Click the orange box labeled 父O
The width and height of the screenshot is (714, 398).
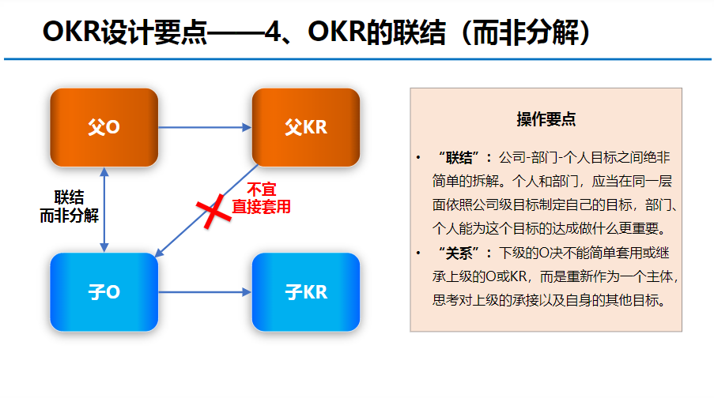pos(104,126)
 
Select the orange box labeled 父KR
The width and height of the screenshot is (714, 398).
pos(305,126)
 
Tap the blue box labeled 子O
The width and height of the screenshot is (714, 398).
pos(104,291)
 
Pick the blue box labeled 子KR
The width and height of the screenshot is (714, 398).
pos(305,291)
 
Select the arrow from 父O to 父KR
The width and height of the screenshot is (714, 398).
pos(204,126)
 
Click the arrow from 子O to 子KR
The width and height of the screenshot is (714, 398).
pos(204,291)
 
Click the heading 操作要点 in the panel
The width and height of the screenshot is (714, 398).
pos(546,120)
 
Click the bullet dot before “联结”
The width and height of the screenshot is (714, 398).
pos(418,157)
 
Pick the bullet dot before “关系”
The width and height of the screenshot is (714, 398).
pos(418,253)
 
